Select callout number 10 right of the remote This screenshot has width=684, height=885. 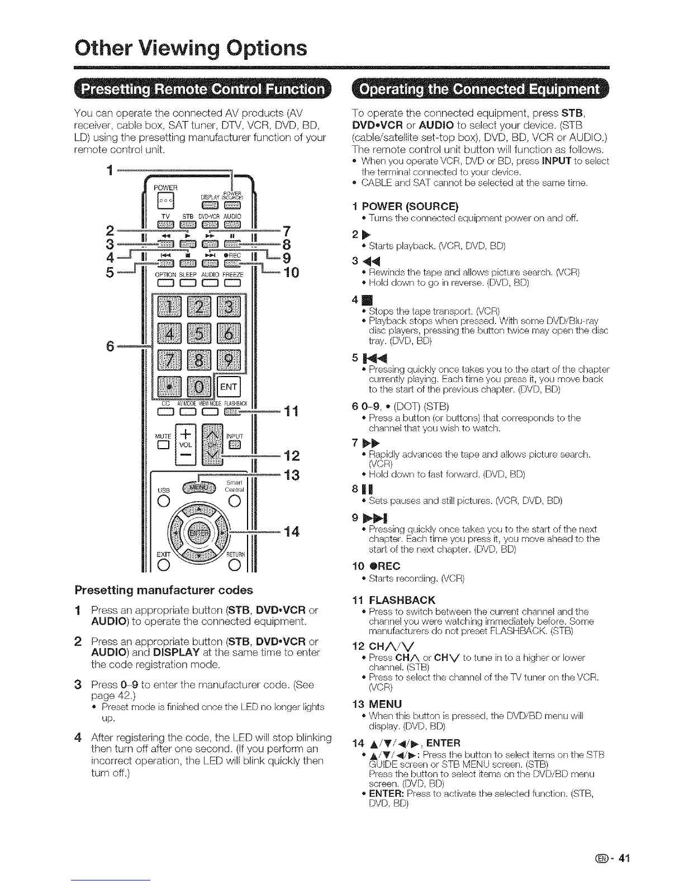(x=292, y=273)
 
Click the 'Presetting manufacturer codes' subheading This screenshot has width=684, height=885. (x=164, y=589)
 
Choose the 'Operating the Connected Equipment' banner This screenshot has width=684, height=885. (x=479, y=90)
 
